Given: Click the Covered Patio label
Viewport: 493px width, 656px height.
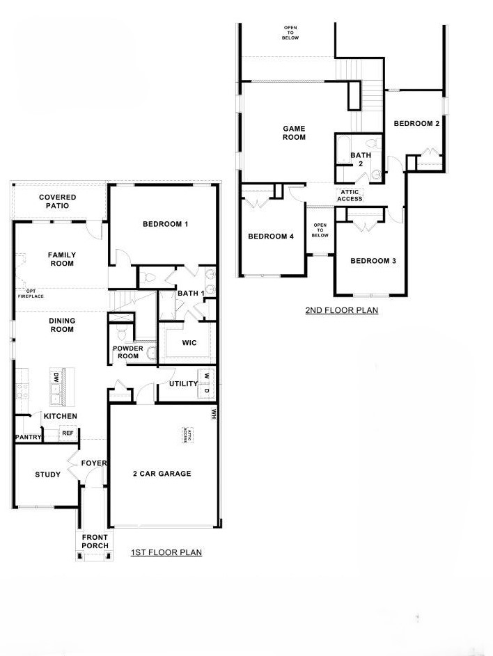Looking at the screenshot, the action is click(57, 201).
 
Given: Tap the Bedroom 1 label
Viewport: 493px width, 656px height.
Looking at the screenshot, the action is click(165, 224).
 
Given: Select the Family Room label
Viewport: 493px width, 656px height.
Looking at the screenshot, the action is click(62, 259).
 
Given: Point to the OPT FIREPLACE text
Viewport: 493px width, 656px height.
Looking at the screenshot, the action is click(31, 294).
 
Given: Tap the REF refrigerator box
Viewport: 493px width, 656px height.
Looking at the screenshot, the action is click(68, 433).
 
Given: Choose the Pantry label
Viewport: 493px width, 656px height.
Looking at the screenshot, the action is click(28, 437).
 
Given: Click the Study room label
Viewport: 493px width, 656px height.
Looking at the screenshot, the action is click(47, 474).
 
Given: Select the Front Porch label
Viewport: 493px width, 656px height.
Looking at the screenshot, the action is click(95, 541).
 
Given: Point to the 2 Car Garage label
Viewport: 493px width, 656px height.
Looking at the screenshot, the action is click(162, 474).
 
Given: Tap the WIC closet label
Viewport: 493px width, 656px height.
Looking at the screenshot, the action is click(189, 343).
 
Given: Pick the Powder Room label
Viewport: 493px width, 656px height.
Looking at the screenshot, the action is click(127, 352).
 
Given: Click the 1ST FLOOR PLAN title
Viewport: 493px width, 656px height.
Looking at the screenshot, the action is click(166, 552).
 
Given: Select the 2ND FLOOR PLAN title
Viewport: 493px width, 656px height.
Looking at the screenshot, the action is click(342, 310).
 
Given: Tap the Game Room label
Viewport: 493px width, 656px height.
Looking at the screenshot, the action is click(294, 133).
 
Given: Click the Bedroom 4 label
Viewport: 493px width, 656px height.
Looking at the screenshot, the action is click(271, 237).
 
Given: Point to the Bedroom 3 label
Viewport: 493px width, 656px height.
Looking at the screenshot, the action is click(373, 261).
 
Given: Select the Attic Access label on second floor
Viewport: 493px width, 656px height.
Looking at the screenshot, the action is click(350, 195).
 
